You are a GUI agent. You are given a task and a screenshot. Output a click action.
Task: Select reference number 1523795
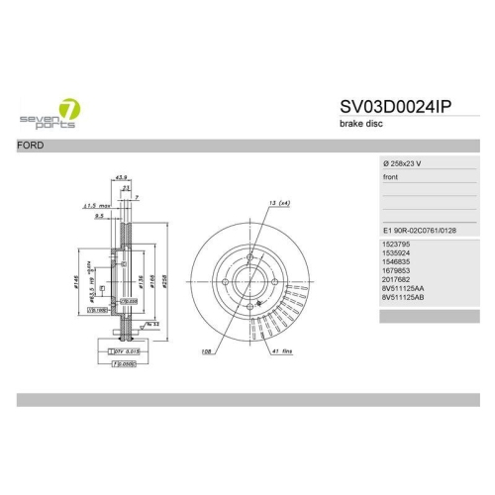click(x=396, y=243)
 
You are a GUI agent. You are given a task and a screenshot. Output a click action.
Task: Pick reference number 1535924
click(x=396, y=253)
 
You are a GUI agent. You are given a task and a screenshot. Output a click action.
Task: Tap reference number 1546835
click(x=396, y=264)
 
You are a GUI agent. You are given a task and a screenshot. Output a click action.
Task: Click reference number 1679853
click(x=396, y=275)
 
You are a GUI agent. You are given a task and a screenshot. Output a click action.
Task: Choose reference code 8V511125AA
click(x=402, y=296)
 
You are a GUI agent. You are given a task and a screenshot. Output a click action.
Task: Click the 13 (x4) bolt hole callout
click(x=278, y=203)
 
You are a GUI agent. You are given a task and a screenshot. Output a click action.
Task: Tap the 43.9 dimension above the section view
click(x=122, y=177)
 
